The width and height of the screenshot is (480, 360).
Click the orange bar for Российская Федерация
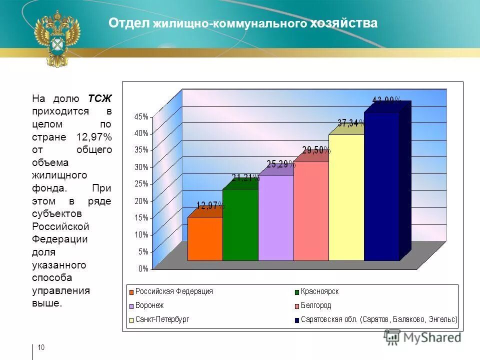205,238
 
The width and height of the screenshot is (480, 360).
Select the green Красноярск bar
240,225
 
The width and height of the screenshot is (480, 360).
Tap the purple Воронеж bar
275,217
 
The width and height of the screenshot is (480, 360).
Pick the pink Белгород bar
310,210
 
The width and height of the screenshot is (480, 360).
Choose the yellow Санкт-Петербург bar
346,197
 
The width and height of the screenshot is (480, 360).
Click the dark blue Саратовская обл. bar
381,186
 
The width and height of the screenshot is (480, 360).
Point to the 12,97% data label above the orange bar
210,205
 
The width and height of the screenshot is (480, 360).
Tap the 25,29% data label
280,164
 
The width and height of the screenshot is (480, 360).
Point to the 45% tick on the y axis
141,116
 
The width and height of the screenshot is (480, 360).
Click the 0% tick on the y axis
143,268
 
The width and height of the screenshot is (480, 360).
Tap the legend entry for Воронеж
149,305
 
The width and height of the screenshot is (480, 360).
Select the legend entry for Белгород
315,305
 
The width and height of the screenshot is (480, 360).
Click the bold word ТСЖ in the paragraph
100,98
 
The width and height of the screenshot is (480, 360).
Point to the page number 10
41,347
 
